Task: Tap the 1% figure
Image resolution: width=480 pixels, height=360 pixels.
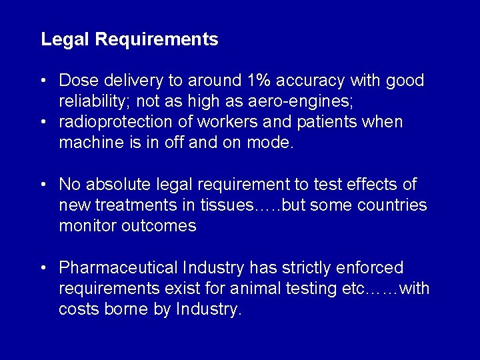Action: tap(259, 81)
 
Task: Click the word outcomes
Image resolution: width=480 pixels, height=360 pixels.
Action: tap(159, 226)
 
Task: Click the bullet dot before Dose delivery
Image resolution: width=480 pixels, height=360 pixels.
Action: tap(43, 81)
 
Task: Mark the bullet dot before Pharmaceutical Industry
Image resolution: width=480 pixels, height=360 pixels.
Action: tap(43, 268)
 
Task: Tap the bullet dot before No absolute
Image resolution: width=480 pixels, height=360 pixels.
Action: tap(43, 184)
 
